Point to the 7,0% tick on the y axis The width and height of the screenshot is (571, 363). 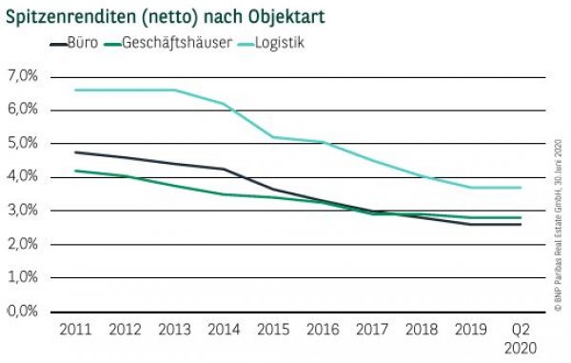[23, 75]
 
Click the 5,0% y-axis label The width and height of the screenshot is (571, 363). [23, 143]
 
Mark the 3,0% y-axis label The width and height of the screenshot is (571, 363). [23, 211]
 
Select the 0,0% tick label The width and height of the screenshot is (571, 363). [23, 312]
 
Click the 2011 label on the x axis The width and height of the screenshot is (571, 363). [74, 330]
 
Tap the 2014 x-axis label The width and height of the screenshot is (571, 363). [223, 330]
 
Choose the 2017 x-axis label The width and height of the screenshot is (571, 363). [371, 330]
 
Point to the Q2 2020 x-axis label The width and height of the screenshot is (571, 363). [520, 337]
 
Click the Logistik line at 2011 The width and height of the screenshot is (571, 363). [75, 90]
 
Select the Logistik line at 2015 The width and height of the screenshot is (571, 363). [272, 136]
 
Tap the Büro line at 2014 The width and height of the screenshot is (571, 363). [223, 169]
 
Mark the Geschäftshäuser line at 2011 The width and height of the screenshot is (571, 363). [75, 171]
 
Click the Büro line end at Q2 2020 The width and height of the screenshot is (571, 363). [520, 224]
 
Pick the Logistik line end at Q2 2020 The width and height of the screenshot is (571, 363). [520, 187]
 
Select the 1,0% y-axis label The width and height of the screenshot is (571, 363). [23, 278]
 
